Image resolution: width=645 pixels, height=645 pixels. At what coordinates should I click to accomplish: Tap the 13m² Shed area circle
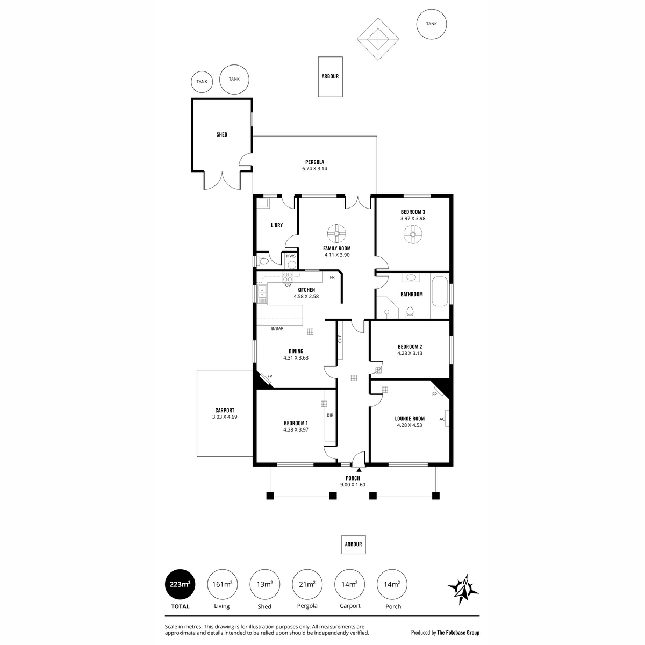(x=264, y=584)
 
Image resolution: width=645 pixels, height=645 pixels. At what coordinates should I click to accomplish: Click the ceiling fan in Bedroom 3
(x=414, y=234)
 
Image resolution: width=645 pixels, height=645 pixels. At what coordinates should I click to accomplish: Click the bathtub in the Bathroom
(x=440, y=291)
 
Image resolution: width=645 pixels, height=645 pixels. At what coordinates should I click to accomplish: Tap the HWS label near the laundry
(x=291, y=256)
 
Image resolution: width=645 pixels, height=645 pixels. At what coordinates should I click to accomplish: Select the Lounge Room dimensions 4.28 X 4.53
(x=410, y=425)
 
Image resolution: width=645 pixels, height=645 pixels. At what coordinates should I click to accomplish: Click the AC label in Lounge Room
(x=442, y=419)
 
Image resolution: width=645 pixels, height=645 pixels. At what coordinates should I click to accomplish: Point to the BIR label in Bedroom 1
(x=330, y=415)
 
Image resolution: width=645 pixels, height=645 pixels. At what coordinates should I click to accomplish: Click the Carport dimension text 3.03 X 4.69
(x=225, y=417)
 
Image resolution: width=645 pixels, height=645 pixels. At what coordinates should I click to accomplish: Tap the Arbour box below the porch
(x=354, y=544)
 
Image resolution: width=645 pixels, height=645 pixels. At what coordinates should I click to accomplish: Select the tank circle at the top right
(x=432, y=24)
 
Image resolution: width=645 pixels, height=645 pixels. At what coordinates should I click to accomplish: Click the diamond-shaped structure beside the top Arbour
(x=379, y=40)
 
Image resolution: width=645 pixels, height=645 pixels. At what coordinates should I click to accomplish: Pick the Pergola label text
(x=314, y=162)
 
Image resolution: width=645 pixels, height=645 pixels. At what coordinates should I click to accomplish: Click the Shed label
(x=221, y=134)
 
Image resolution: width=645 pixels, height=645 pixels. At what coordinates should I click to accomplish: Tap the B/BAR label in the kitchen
(x=277, y=328)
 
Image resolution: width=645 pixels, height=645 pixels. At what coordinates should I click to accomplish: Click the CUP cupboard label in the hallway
(x=340, y=339)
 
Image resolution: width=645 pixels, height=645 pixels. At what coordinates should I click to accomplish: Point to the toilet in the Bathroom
(x=410, y=311)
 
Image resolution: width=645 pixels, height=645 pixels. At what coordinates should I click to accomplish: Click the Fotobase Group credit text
(x=445, y=633)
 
